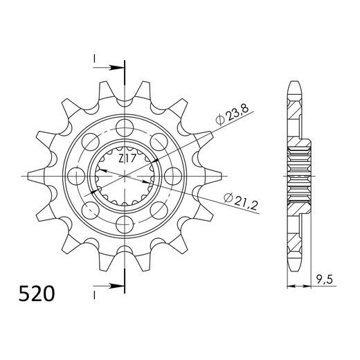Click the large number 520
(37, 294)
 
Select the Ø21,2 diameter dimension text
(241, 201)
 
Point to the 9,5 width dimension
(324, 280)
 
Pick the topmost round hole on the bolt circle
(125, 127)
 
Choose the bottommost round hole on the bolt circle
(125, 224)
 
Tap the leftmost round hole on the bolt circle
(77, 176)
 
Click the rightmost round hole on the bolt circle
(173, 176)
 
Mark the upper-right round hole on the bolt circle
(159, 142)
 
